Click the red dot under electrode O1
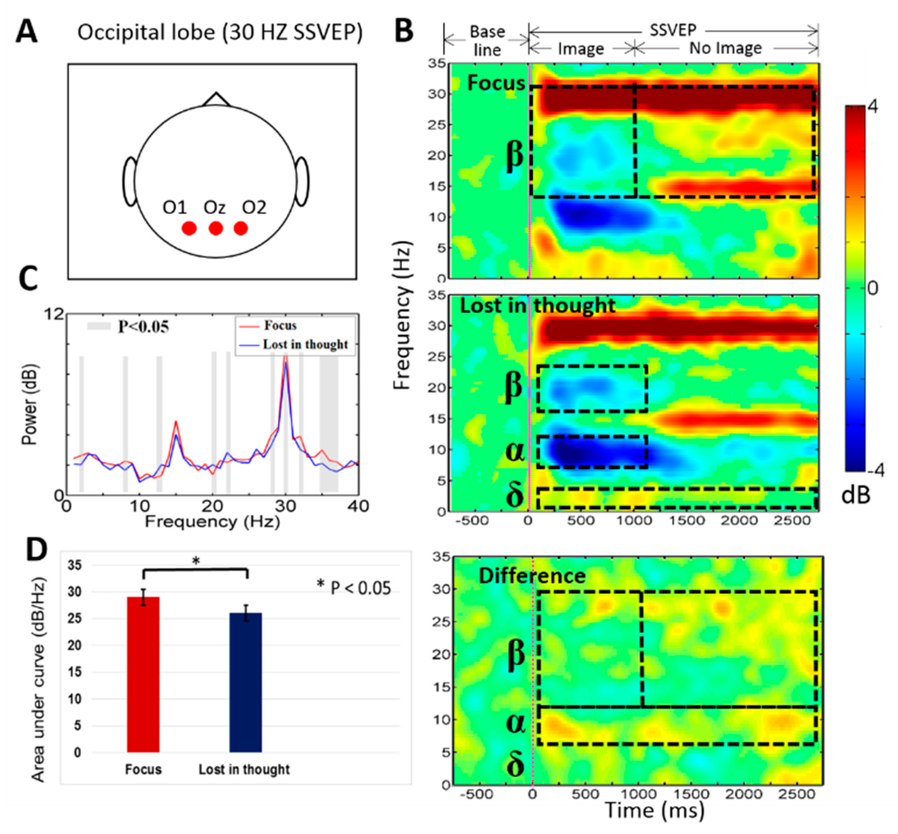coord(189,228)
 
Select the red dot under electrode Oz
coord(216,228)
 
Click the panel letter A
coord(27,33)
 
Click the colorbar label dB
coord(856,495)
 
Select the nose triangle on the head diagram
coord(216,100)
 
